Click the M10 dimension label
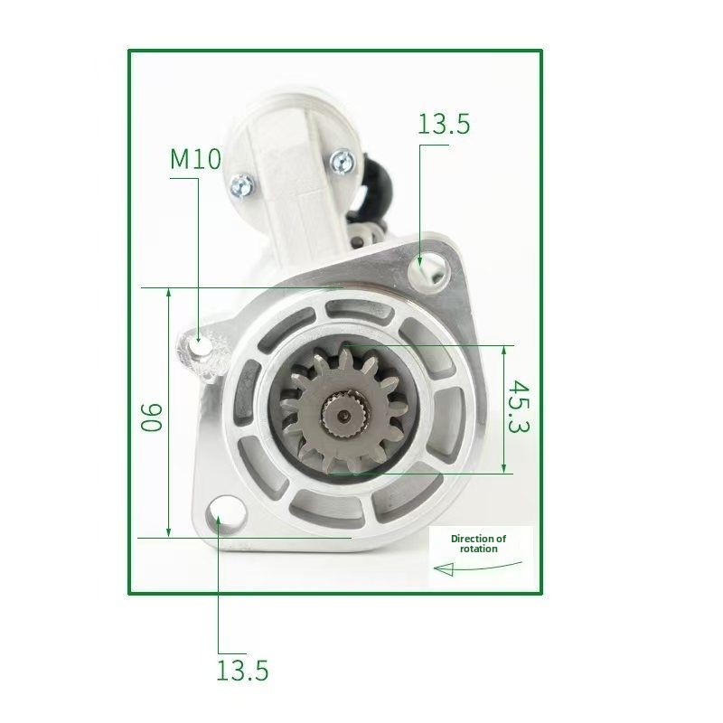pos(195,160)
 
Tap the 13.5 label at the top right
pos(444,125)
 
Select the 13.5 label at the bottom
pos(242,671)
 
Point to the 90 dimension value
pos(151,416)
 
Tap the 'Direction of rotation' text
pos(478,543)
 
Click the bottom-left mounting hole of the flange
pos(220,516)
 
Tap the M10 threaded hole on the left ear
pos(201,347)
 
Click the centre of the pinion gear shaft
pos(343,415)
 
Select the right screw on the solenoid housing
pos(342,162)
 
